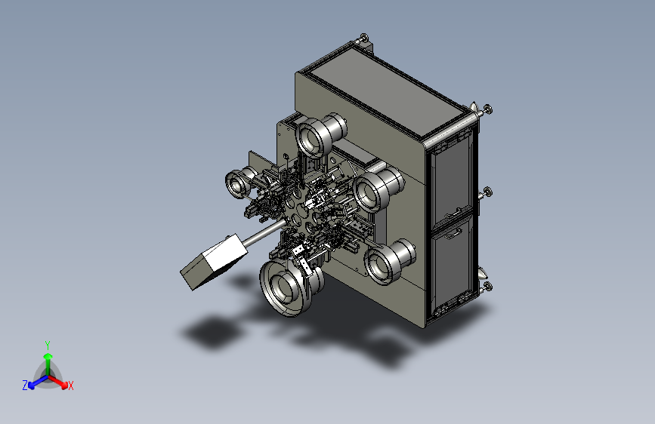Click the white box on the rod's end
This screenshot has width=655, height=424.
(x=215, y=262)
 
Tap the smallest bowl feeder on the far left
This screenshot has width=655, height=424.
(x=240, y=183)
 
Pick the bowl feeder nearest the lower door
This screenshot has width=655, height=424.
(x=389, y=261)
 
